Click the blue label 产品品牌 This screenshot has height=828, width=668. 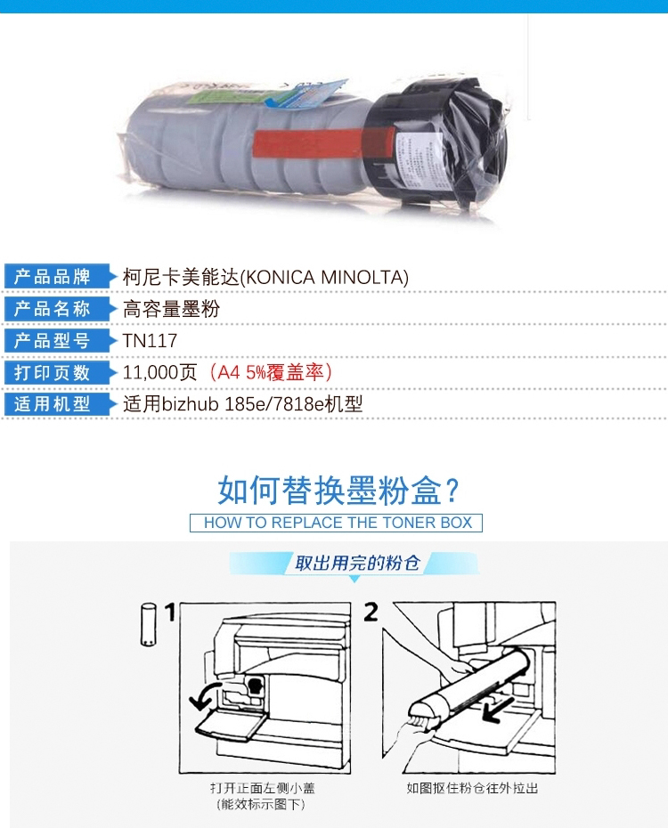tap(53, 277)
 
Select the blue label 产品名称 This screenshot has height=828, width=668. tap(53, 309)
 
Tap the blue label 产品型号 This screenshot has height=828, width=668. tap(53, 341)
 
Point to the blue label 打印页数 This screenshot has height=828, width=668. tap(53, 373)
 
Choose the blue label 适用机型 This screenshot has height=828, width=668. tap(53, 404)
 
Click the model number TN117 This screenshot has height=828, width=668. tap(150, 341)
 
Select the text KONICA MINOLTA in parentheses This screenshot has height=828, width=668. tap(325, 277)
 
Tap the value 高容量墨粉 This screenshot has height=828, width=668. tap(171, 309)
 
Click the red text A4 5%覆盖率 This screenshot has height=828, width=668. tap(271, 372)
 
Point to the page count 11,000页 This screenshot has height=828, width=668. tap(160, 372)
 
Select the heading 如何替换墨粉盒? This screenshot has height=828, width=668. tap(338, 490)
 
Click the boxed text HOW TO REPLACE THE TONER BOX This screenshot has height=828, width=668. tap(338, 523)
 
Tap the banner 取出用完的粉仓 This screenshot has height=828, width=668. tap(357, 563)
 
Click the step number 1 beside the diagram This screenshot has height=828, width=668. tap(169, 612)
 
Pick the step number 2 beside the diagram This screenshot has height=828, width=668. tap(371, 612)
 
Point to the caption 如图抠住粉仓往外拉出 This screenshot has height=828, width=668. tap(472, 788)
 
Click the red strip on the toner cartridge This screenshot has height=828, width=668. tap(323, 142)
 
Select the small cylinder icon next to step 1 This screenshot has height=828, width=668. tap(149, 625)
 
